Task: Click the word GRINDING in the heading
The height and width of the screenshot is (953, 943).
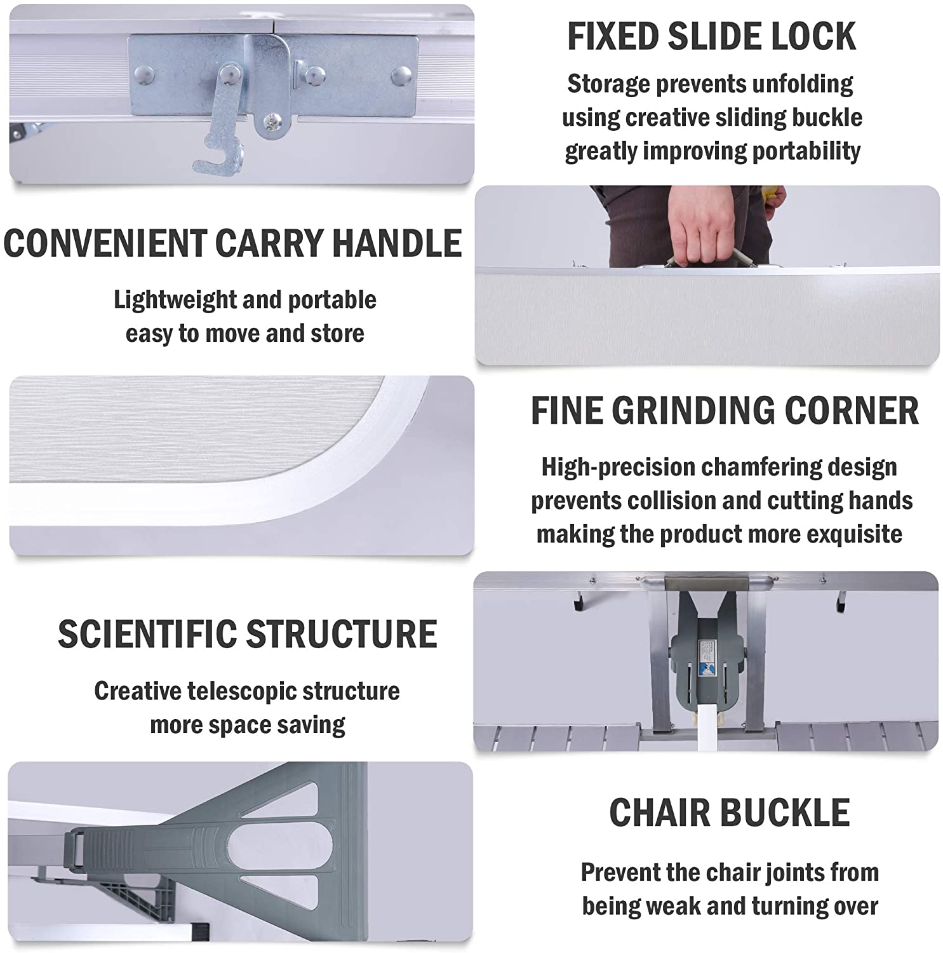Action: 693,410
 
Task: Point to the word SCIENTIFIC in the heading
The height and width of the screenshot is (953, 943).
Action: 147,633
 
